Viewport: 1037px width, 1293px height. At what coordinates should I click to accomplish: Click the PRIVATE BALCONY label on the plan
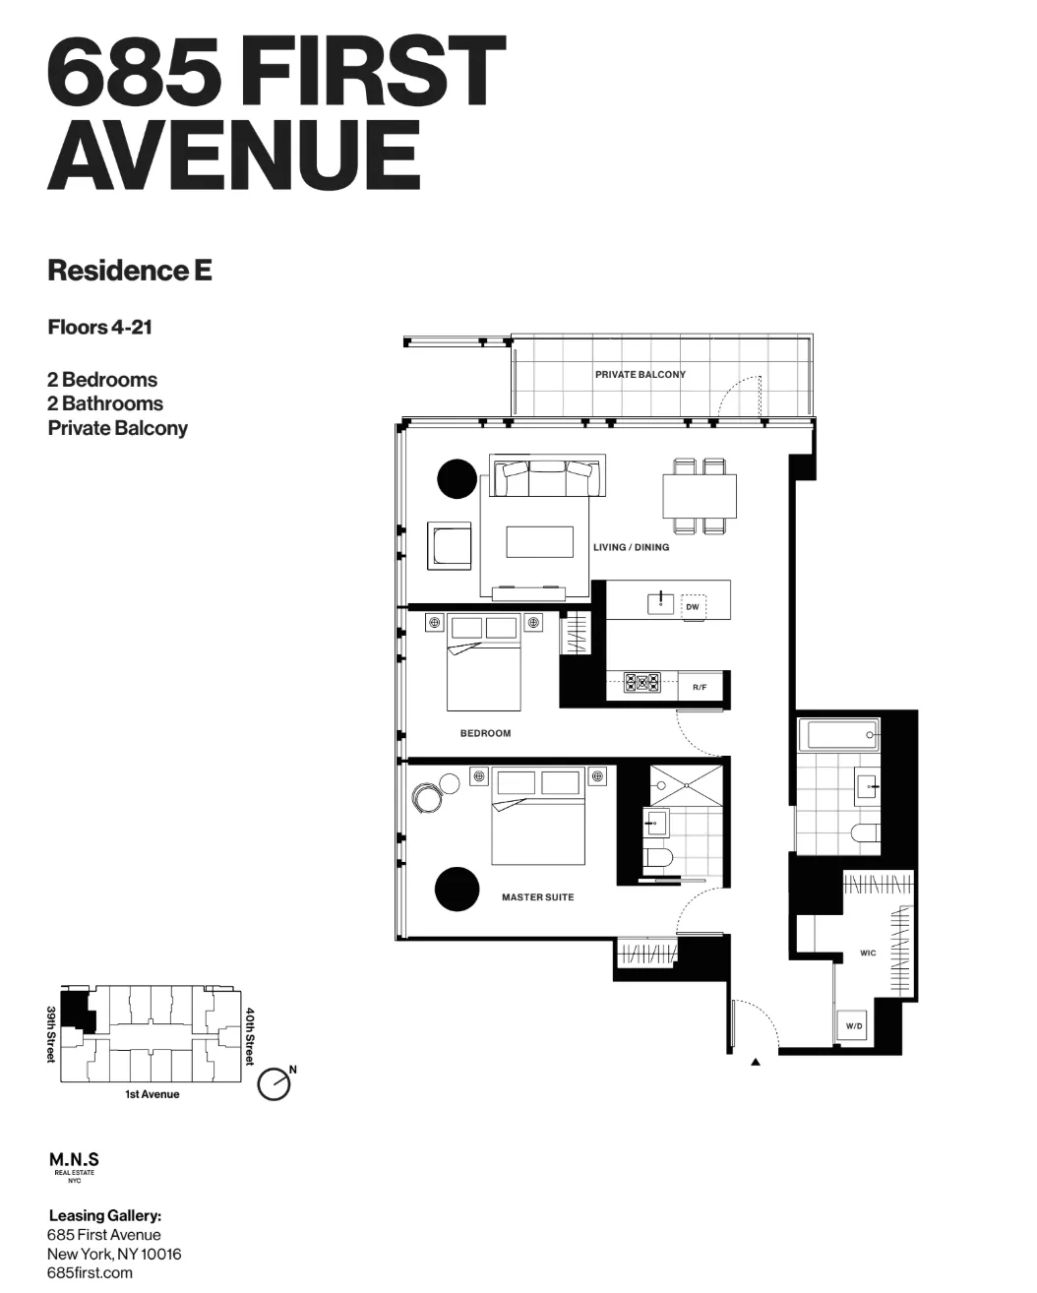640,375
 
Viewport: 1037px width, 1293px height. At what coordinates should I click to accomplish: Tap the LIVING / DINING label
631,547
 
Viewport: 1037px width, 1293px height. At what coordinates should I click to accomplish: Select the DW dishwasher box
693,607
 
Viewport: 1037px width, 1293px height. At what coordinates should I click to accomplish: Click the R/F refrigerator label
700,687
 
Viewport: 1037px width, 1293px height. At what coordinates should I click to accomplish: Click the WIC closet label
868,954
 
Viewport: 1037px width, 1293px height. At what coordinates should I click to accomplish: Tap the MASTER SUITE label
537,897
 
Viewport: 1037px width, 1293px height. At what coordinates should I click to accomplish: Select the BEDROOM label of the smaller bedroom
485,733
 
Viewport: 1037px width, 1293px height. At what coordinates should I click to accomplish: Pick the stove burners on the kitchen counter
643,682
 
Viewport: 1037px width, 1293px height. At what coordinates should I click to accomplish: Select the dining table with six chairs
699,496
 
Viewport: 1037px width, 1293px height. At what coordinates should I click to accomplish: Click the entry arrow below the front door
756,1063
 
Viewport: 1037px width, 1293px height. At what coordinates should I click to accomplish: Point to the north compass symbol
274,1082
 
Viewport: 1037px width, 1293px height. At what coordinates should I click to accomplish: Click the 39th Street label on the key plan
51,1034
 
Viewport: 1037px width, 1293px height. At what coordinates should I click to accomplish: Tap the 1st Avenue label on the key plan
152,1094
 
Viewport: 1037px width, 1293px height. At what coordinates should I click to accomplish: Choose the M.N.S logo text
74,1160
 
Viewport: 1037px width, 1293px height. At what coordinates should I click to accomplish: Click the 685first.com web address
90,1272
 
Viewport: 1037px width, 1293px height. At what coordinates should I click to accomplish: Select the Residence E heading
130,271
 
